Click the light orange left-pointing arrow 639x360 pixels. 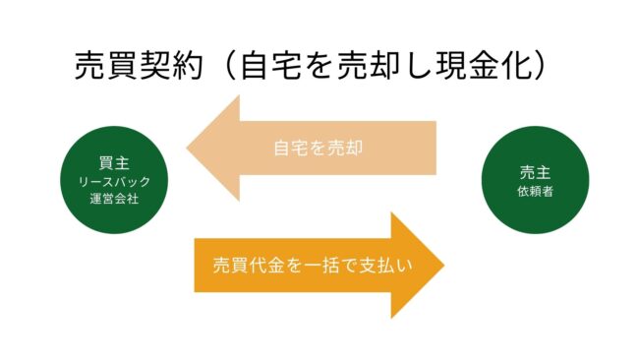(315, 148)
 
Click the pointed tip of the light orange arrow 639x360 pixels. (190, 149)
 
